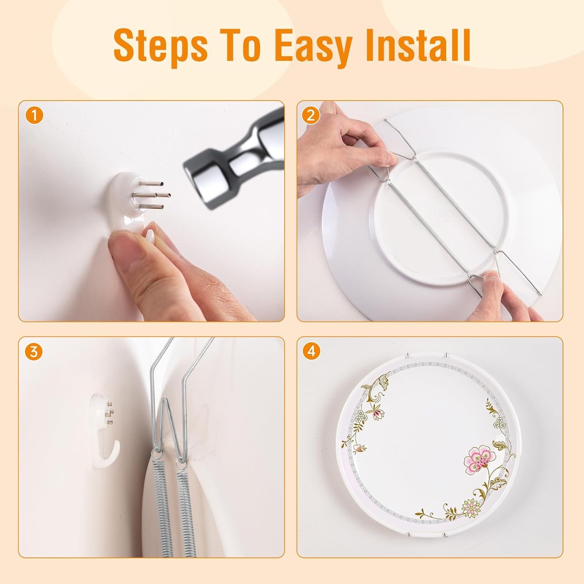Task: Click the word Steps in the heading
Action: tap(160, 46)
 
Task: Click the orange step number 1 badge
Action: tap(35, 116)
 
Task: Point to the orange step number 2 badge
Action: tap(310, 116)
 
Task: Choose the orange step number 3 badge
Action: tap(34, 352)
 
